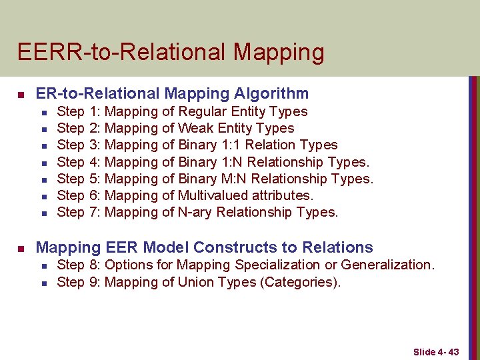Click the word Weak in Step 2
pyautogui.click(x=195, y=128)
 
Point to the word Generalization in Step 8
pyautogui.click(x=387, y=265)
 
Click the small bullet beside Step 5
pyautogui.click(x=43, y=179)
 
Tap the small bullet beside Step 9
pyautogui.click(x=43, y=283)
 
